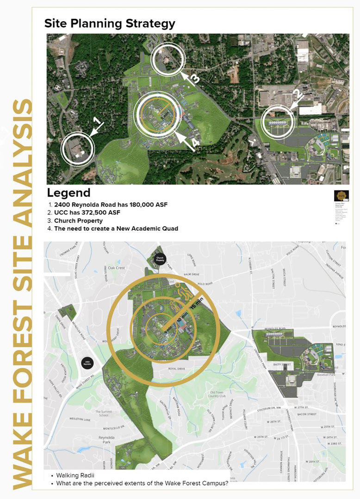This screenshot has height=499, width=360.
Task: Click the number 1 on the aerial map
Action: click(97, 122)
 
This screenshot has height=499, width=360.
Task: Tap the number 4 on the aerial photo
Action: click(196, 143)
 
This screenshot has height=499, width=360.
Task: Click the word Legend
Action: click(68, 192)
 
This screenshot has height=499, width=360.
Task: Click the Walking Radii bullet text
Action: click(73, 475)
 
